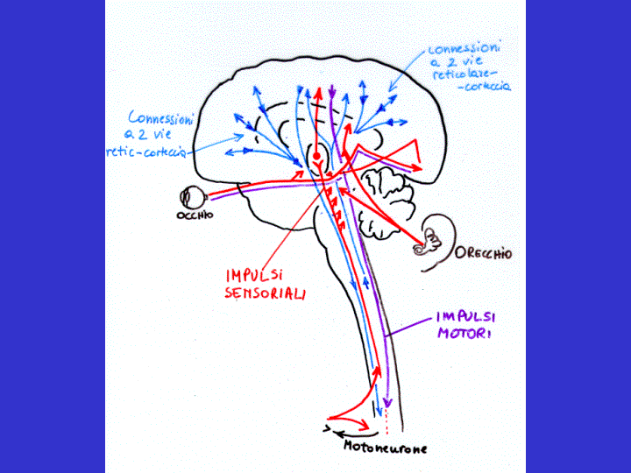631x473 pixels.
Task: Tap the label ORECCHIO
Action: point(483,254)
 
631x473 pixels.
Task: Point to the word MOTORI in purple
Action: point(462,334)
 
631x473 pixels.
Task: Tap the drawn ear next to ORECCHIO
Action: point(432,241)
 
